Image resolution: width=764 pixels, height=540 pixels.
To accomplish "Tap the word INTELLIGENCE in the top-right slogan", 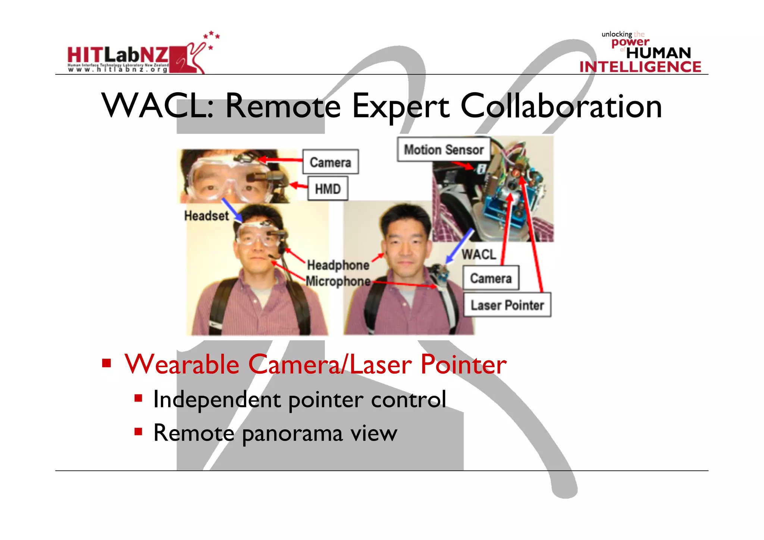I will [x=640, y=67].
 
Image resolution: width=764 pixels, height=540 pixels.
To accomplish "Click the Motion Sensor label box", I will [x=444, y=150].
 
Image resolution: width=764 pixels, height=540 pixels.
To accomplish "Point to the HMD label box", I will [x=328, y=189].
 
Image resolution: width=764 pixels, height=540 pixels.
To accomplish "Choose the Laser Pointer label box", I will [x=507, y=305].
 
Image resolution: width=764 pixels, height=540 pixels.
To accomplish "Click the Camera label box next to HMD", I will [x=331, y=162].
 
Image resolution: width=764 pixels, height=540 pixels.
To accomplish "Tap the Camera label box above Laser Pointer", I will [x=491, y=278].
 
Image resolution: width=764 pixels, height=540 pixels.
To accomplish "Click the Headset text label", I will [x=206, y=216].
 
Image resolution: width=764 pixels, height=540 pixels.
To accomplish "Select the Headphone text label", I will [x=338, y=265].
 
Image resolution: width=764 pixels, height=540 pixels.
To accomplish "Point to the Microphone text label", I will [x=338, y=281].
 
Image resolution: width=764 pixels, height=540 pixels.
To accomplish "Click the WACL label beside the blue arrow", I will [x=479, y=255].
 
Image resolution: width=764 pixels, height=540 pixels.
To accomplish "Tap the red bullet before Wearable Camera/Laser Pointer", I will [x=107, y=363].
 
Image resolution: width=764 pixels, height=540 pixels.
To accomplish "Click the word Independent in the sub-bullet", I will [x=217, y=399].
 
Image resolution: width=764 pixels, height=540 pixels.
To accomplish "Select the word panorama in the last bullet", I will [x=292, y=434].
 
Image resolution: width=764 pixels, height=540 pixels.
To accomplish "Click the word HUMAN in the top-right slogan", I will [x=658, y=53].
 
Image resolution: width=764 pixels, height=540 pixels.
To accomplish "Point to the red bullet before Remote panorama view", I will [x=138, y=432].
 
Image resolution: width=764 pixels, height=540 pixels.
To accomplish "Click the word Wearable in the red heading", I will [x=182, y=365].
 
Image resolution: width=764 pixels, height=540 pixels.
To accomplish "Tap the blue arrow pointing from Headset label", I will [x=232, y=210].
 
